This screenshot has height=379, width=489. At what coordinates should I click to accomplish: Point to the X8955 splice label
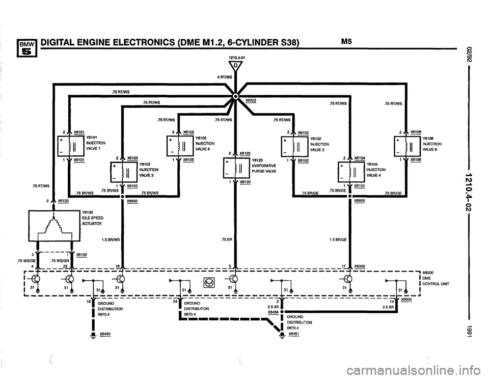[x=361, y=200]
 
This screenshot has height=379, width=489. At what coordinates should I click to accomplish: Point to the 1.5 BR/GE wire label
[x=338, y=239]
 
